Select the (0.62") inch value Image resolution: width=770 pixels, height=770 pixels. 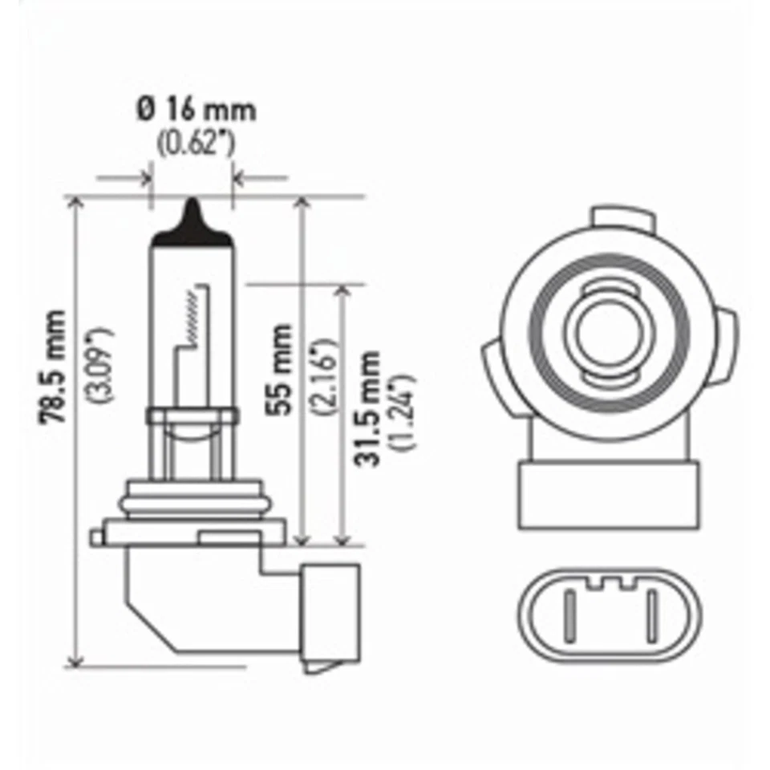(196, 144)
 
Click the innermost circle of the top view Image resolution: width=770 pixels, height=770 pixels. (608, 331)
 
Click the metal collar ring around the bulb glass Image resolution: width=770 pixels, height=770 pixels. (192, 416)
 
